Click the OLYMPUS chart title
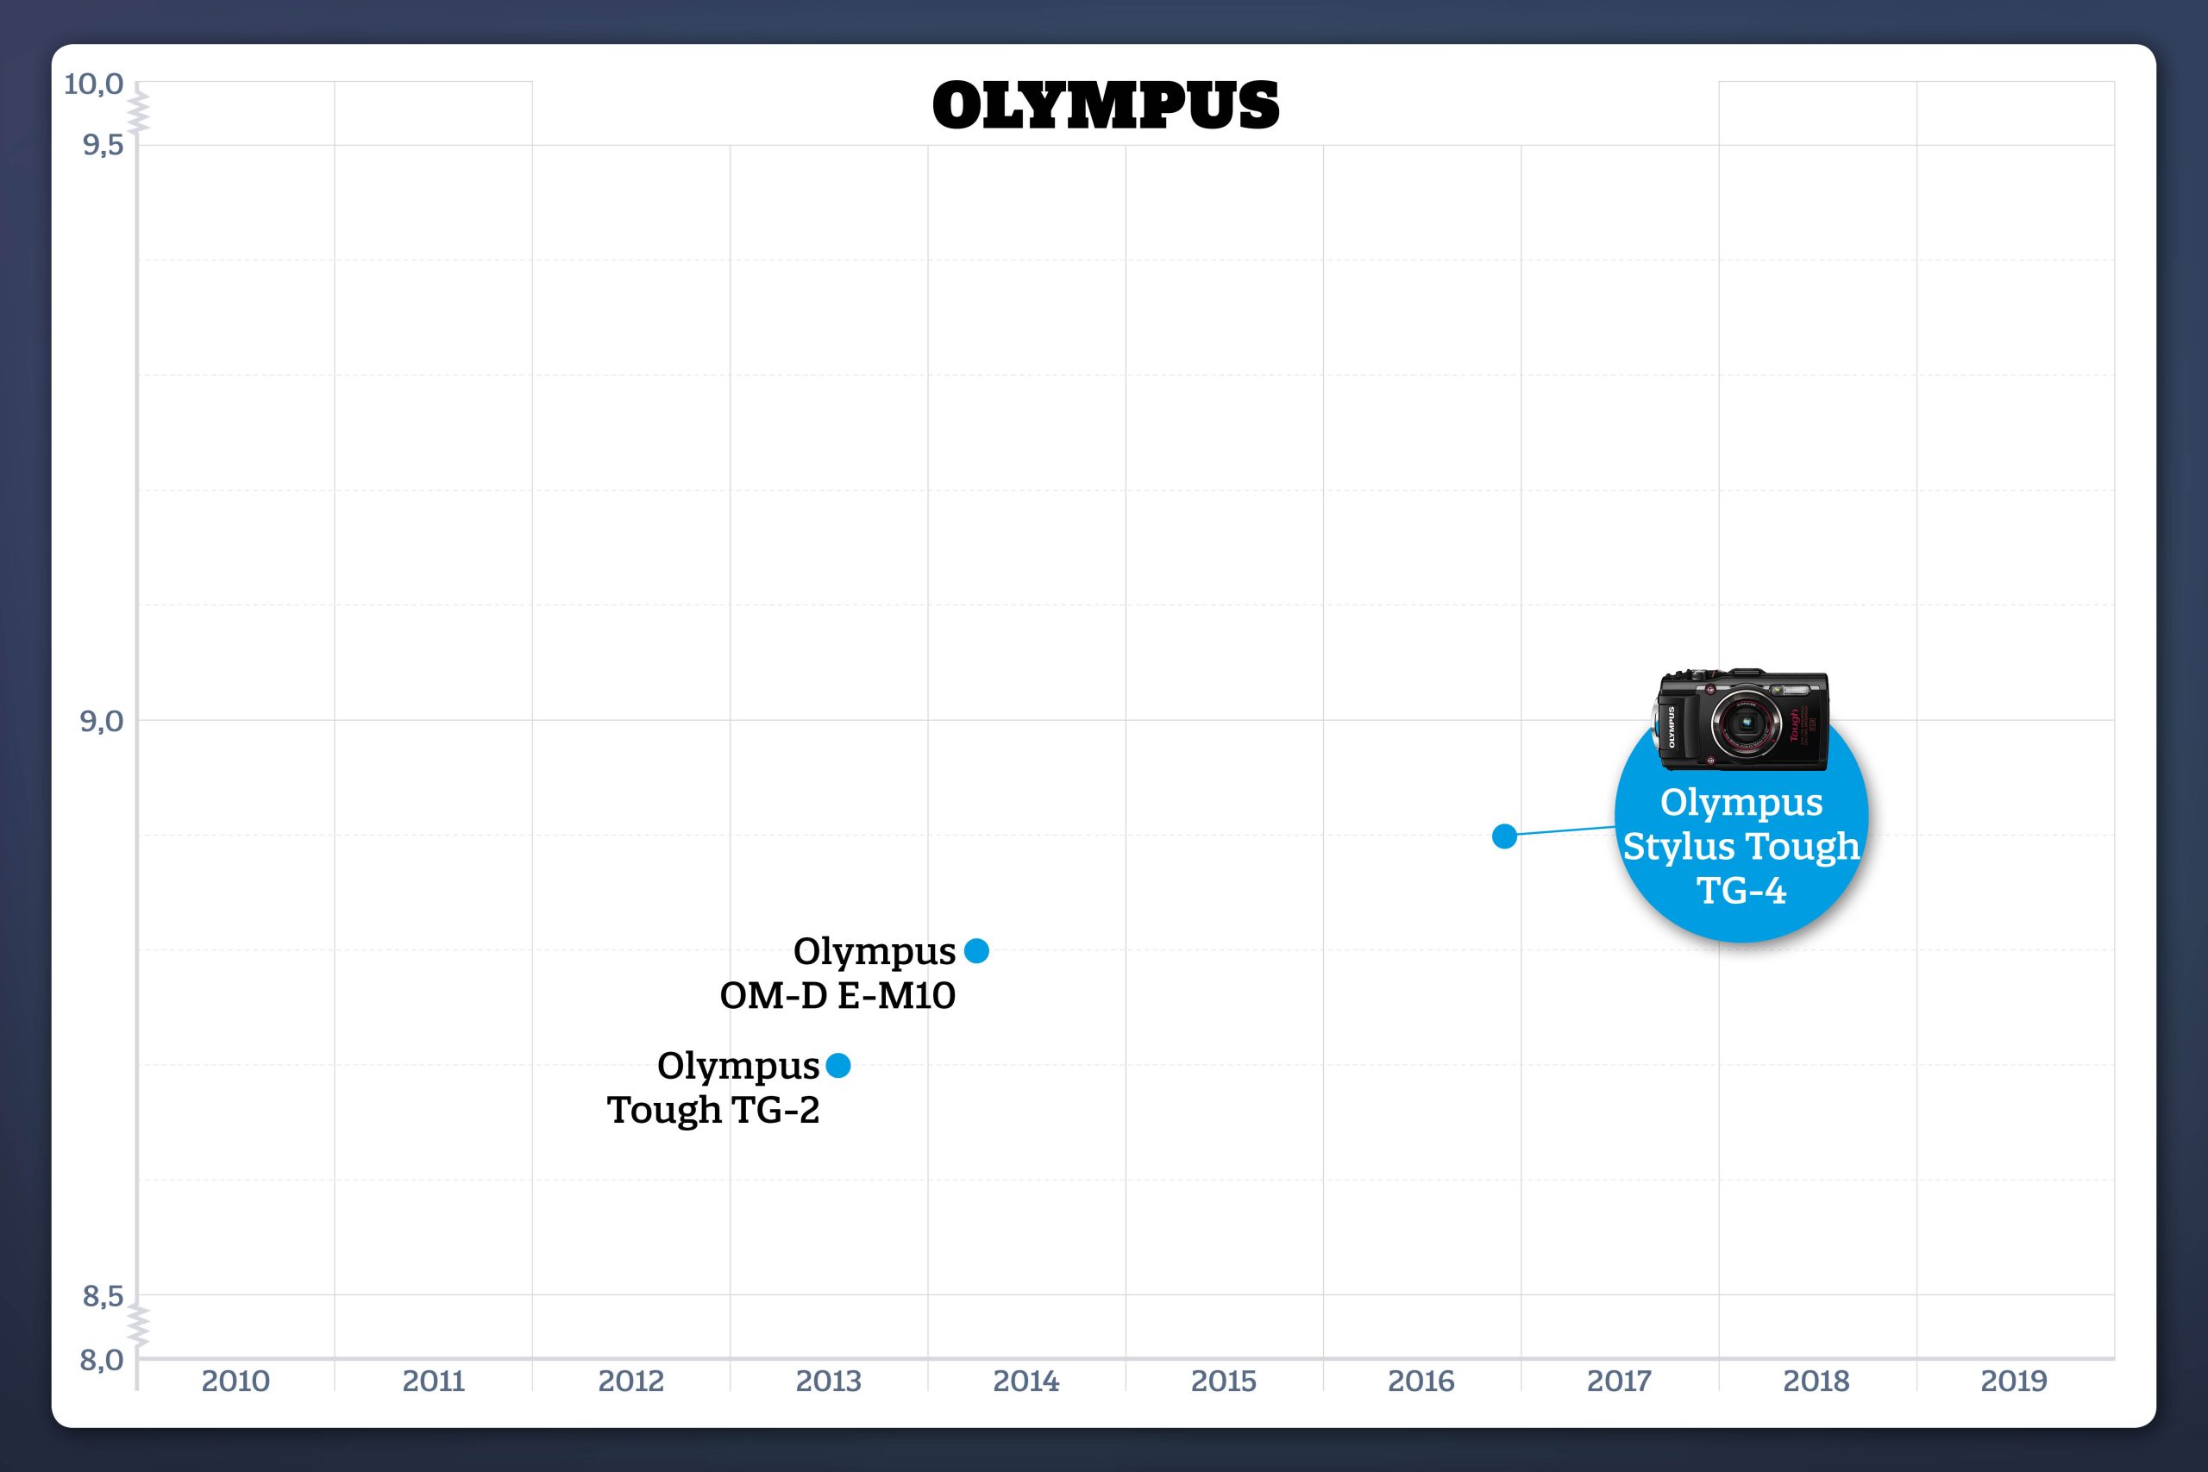[x=1105, y=105]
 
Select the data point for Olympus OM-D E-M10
[x=976, y=951]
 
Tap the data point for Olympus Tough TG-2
[x=838, y=1066]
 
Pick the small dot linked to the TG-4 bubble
[x=1504, y=836]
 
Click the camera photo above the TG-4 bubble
[x=1742, y=719]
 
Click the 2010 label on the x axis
[x=235, y=1381]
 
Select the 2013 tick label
[x=828, y=1381]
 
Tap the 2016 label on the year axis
[x=1421, y=1381]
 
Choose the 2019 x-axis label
[x=2014, y=1381]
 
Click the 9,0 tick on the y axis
[x=102, y=721]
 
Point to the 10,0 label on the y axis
[x=93, y=85]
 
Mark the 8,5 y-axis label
[x=103, y=1296]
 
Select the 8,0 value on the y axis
[x=102, y=1359]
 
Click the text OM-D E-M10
[x=837, y=995]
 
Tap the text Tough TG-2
[x=713, y=1110]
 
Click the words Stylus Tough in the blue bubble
[x=1741, y=846]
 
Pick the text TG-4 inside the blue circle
[x=1741, y=890]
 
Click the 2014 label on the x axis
[x=1026, y=1381]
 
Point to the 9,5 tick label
[x=103, y=145]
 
